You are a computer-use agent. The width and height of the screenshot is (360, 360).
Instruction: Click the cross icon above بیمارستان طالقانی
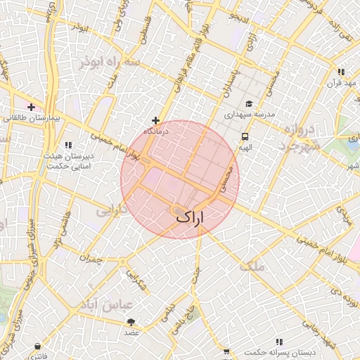pos(31,107)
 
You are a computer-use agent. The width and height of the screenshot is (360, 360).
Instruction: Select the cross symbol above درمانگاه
pos(155,120)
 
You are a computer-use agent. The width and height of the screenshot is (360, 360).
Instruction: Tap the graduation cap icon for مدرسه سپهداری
pos(247,103)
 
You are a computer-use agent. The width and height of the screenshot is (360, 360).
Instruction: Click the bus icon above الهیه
pos(245,136)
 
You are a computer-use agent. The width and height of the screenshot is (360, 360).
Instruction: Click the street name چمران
pos(91,259)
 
